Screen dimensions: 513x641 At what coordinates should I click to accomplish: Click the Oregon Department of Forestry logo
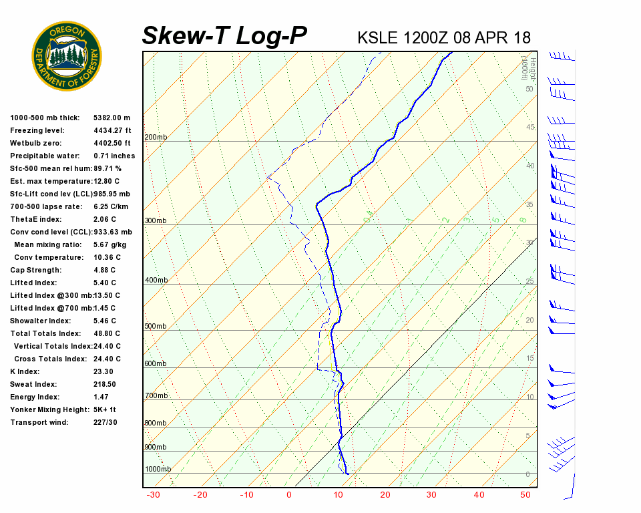[x=67, y=56]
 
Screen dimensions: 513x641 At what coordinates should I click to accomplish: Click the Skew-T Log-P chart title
[x=224, y=36]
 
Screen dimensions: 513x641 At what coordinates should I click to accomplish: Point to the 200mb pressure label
[x=156, y=138]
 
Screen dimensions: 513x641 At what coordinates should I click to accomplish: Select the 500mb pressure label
[x=156, y=327]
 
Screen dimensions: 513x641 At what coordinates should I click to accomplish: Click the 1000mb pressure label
[x=158, y=470]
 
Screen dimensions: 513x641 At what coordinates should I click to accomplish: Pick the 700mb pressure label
[x=156, y=396]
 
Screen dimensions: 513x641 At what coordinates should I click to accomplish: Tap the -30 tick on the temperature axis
[x=153, y=495]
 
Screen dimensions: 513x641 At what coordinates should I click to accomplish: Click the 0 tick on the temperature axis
[x=288, y=495]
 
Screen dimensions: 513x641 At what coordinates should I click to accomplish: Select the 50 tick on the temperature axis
[x=525, y=495]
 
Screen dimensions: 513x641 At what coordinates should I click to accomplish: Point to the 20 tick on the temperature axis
[x=385, y=495]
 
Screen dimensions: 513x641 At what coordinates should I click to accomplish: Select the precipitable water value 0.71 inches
[x=114, y=156]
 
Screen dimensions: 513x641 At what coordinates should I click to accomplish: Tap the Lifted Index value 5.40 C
[x=107, y=283]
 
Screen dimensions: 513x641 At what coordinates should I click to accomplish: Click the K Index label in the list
[x=26, y=372]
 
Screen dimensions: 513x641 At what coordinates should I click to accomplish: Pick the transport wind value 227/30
[x=105, y=423]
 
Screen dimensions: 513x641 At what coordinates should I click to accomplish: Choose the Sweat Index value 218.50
[x=105, y=385]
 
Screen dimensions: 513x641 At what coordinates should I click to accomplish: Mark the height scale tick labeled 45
[x=530, y=128]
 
